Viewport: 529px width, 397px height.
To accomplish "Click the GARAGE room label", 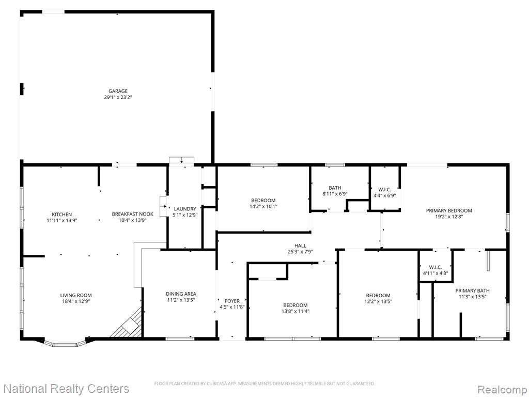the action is coord(118,91).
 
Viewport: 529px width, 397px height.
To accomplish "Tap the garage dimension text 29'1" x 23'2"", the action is coord(118,97).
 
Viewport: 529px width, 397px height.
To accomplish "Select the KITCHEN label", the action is coord(62,215).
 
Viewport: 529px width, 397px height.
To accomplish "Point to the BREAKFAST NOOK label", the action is coord(133,214).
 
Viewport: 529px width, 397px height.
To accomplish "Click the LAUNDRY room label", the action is coord(185,209).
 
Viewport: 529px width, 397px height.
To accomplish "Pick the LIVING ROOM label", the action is coord(76,295).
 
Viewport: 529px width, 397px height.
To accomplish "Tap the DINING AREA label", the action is coord(181,294).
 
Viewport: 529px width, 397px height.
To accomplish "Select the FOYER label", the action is coord(232,301).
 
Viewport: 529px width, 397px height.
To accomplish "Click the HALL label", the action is coord(300,246).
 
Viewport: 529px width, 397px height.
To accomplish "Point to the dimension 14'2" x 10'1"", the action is coord(263,207).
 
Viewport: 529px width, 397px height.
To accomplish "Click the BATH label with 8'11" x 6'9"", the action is coord(335,188).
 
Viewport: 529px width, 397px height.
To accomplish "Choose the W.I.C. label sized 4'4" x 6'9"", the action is coord(384,189).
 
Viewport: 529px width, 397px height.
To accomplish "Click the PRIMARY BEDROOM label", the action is coord(449,211).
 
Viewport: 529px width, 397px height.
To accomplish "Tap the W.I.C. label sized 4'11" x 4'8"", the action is coord(435,267).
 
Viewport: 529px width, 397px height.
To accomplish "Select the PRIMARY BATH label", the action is coord(472,291).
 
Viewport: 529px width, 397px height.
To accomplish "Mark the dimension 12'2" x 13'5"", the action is coord(378,301).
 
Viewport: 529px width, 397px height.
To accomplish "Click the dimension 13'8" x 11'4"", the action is coord(295,311).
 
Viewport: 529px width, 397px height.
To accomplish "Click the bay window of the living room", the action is coord(65,344).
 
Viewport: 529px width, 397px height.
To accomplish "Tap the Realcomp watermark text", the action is coord(502,389).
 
